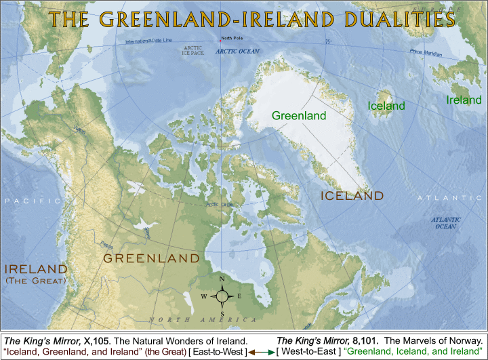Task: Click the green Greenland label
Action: click(299, 116)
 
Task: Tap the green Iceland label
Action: click(386, 106)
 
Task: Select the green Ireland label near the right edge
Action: click(464, 100)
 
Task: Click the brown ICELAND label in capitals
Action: click(352, 196)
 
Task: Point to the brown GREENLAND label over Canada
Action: click(151, 258)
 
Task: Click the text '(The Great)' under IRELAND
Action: click(35, 280)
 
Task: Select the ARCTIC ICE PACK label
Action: click(194, 50)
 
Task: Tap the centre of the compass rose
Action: click(222, 296)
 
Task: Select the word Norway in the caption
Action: click(464, 340)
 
